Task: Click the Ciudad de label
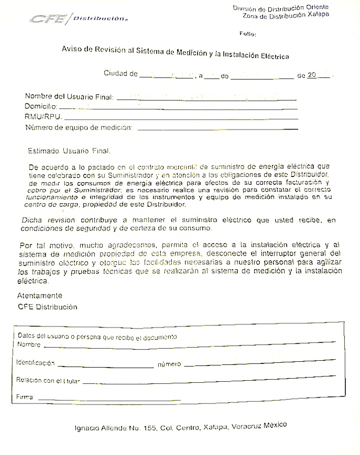click(120, 74)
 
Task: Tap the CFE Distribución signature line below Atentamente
click(47, 306)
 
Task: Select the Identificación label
click(35, 363)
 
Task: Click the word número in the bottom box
click(169, 364)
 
